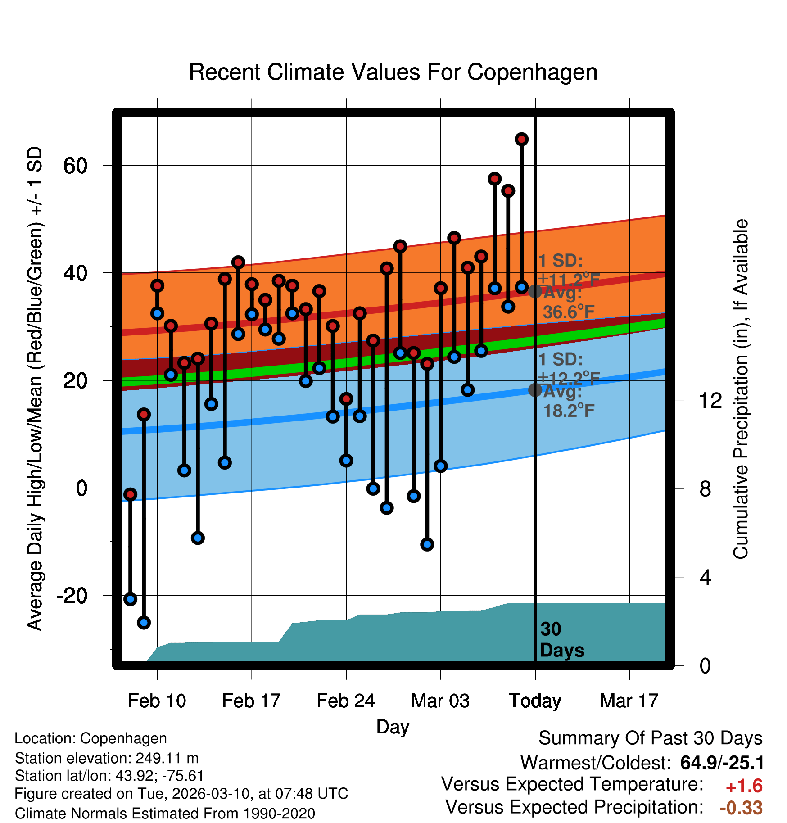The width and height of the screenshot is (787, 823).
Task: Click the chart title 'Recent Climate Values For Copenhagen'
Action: click(x=393, y=72)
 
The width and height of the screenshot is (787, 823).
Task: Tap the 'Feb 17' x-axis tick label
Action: click(x=251, y=701)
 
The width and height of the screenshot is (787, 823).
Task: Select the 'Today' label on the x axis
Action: click(x=535, y=701)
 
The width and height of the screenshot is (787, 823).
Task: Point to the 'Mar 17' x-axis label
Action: click(x=629, y=701)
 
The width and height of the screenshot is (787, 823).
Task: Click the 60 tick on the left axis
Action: click(x=75, y=166)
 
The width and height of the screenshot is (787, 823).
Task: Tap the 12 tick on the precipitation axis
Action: click(x=710, y=400)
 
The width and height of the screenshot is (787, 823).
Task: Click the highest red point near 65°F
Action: click(x=521, y=140)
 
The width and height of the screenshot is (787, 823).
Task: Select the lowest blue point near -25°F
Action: click(x=144, y=623)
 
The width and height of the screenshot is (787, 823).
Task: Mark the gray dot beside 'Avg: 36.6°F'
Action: click(x=535, y=291)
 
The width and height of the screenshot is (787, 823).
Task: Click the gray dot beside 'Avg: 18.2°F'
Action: click(x=535, y=390)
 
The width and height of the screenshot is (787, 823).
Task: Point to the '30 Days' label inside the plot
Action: click(x=561, y=640)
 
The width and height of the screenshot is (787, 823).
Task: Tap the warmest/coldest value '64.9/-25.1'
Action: click(x=722, y=763)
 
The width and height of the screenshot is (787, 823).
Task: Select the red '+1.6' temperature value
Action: click(x=744, y=786)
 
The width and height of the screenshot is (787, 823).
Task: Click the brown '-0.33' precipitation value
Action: click(x=741, y=808)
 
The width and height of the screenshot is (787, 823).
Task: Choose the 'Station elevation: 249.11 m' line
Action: click(x=107, y=758)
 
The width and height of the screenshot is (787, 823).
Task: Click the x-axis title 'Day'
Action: click(x=393, y=727)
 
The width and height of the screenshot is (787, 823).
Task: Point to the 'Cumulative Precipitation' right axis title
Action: click(x=741, y=389)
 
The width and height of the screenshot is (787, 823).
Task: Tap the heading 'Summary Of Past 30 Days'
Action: click(x=650, y=738)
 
